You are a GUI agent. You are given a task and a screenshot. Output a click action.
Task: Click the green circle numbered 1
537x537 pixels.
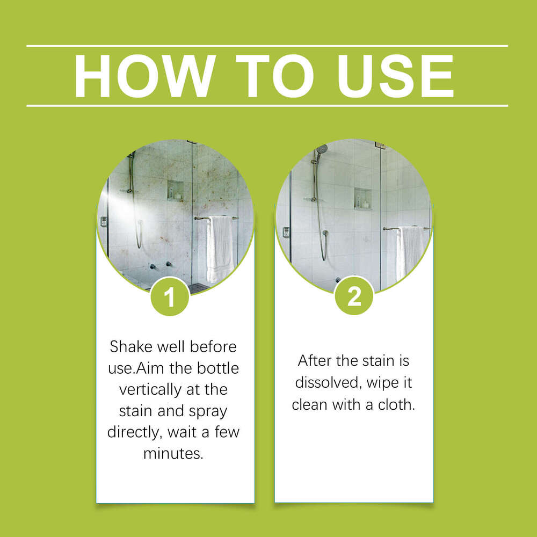pos(170,296)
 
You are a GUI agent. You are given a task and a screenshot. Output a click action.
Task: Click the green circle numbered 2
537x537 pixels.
pos(354,296)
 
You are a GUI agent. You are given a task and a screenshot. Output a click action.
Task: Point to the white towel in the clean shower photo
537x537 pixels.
pos(409,252)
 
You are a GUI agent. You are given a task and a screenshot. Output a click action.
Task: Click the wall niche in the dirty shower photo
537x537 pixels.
pos(175,191)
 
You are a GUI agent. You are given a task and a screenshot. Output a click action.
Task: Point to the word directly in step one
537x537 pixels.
pos(135,432)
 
